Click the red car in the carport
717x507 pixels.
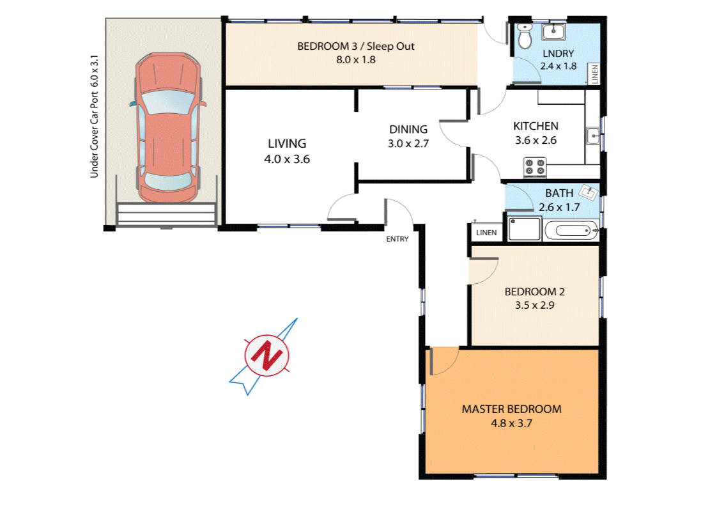(166, 127)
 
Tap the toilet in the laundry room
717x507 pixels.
(525, 38)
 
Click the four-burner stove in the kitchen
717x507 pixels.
(535, 168)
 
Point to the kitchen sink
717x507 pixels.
(592, 136)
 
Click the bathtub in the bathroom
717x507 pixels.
(571, 230)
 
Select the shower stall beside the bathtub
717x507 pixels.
(524, 229)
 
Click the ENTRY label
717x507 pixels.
(397, 239)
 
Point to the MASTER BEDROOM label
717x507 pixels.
(511, 409)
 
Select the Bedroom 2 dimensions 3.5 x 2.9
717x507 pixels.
(534, 305)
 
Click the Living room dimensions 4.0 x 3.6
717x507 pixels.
(286, 159)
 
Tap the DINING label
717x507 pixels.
(408, 130)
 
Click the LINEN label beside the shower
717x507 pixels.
(486, 233)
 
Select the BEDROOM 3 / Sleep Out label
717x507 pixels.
(356, 46)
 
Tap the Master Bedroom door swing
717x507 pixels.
(443, 360)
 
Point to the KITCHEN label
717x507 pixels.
(536, 126)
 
